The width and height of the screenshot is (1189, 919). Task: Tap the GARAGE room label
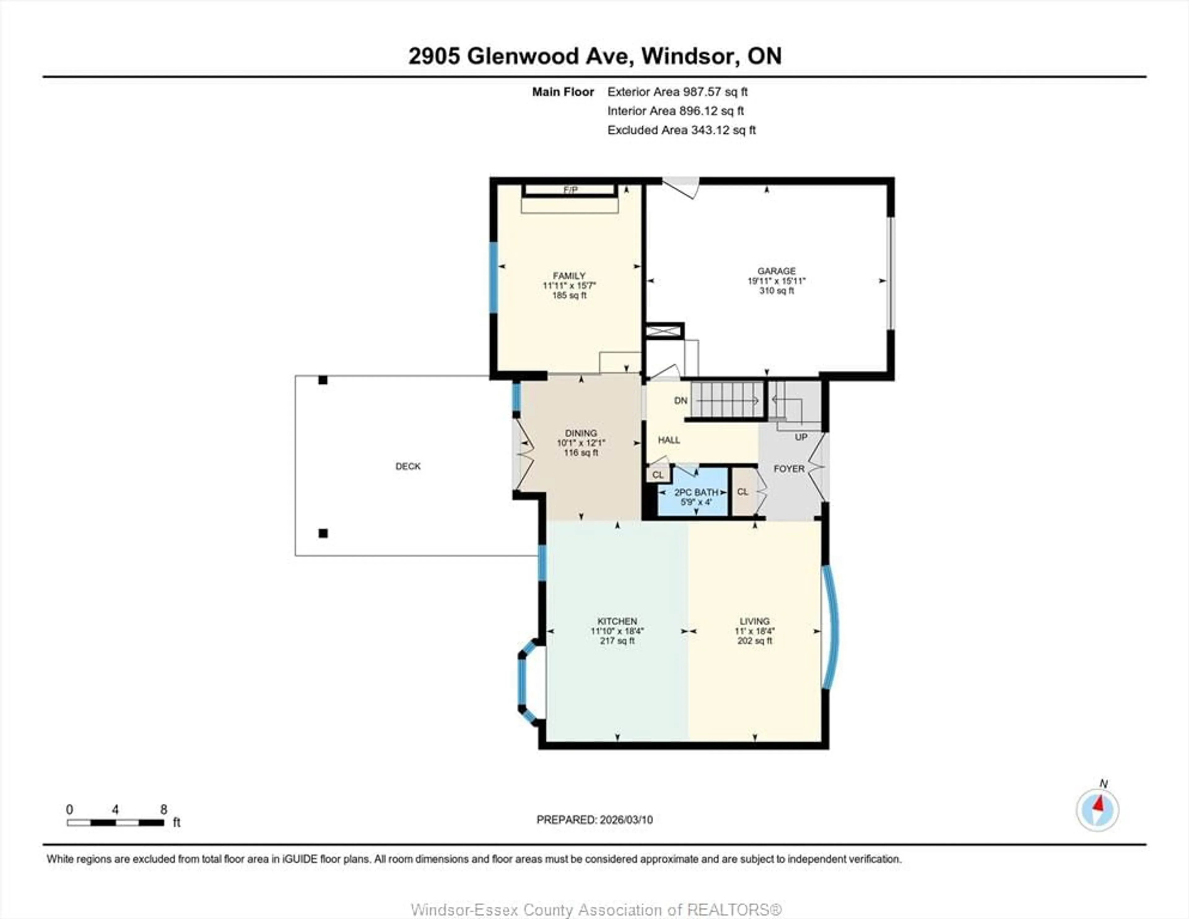pyautogui.click(x=776, y=271)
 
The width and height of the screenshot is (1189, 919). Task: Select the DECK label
pyautogui.click(x=408, y=466)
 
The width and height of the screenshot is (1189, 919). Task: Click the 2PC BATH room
pyautogui.click(x=693, y=496)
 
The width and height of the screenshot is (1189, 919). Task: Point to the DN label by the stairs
pyautogui.click(x=681, y=400)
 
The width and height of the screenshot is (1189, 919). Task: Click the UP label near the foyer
pyautogui.click(x=801, y=437)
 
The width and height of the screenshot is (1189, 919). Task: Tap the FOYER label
pyautogui.click(x=789, y=468)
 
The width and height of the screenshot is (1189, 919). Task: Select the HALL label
pyautogui.click(x=669, y=440)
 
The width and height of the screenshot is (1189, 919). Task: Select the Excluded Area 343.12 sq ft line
pyautogui.click(x=681, y=130)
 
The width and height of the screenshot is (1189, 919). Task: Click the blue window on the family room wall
pyautogui.click(x=493, y=278)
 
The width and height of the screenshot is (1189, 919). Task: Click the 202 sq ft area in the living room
pyautogui.click(x=755, y=641)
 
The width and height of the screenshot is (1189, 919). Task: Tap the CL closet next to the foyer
pyautogui.click(x=743, y=492)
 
